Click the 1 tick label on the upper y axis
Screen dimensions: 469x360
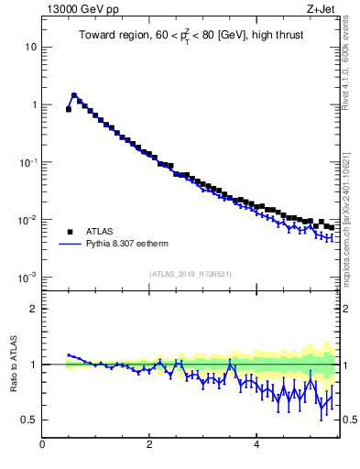pyautogui.click(x=34, y=104)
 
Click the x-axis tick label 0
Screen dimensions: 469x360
pyautogui.click(x=42, y=445)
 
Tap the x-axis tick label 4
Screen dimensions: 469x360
pyautogui.click(x=257, y=445)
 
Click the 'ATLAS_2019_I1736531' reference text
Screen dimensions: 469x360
pyautogui.click(x=191, y=274)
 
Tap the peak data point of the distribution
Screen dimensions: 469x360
pyautogui.click(x=74, y=94)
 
